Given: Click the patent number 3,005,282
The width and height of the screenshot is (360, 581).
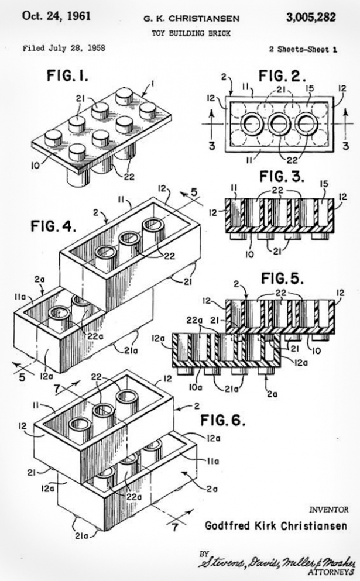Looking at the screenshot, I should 311,17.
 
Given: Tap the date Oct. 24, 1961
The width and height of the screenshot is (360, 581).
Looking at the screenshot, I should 56,16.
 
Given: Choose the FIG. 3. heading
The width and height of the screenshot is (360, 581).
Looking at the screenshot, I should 282,177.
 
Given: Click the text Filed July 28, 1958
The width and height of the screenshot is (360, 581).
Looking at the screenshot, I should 64,49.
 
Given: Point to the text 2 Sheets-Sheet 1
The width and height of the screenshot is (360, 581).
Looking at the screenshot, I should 303,50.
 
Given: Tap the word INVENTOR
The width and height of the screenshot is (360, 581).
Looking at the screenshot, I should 328,510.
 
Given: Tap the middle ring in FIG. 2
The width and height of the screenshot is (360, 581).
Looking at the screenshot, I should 277,125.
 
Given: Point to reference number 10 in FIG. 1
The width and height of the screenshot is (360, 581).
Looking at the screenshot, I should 36,166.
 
